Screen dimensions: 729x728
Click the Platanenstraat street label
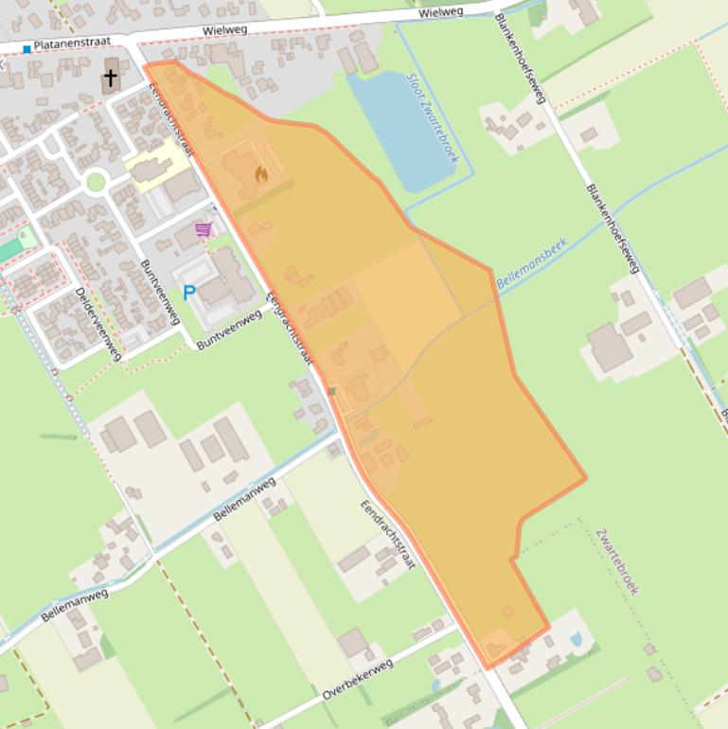72,44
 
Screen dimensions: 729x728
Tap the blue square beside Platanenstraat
27,48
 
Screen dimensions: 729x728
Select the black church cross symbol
111,78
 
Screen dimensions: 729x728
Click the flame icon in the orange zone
261,174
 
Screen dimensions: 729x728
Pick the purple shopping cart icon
203,229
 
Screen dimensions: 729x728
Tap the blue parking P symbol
188,293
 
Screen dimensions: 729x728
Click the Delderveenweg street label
98,323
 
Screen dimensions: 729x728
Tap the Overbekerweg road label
357,681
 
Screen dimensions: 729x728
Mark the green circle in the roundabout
96,181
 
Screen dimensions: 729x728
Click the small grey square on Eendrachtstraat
331,390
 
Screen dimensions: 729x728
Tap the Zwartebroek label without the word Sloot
617,561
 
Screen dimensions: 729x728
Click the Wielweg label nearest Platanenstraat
224,30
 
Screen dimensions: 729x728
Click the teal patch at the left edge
9,251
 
